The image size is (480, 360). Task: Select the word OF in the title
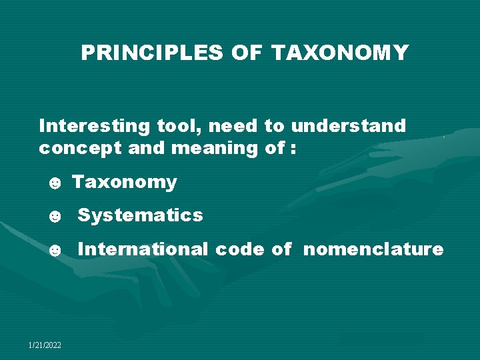247,53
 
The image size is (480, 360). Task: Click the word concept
80,149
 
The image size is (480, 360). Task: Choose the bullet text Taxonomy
124,183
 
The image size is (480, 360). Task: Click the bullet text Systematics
140,215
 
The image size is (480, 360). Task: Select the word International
143,249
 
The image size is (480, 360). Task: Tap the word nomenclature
373,249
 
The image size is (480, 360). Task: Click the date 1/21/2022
45,345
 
